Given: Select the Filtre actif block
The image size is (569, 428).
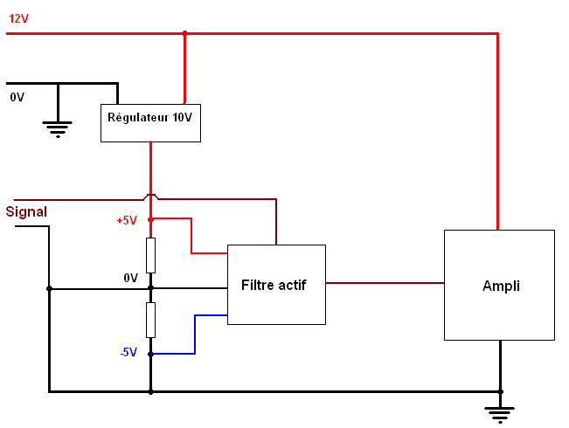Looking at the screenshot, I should (276, 285).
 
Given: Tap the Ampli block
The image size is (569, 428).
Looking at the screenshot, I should (499, 285).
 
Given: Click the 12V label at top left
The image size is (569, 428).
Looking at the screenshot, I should (18, 17).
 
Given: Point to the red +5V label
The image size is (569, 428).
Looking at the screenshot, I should (127, 220).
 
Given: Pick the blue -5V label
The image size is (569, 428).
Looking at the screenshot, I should (128, 352).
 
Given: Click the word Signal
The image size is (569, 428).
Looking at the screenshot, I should (26, 211).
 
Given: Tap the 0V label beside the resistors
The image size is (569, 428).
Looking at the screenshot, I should (130, 278).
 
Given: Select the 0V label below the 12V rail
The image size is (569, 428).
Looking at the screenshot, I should (17, 97).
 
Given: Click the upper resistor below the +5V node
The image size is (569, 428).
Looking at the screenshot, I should (150, 254).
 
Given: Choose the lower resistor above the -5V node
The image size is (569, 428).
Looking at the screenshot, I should (150, 320).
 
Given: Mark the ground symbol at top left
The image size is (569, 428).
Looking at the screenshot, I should (58, 128).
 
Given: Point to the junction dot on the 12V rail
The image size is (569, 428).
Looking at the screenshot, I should (184, 34).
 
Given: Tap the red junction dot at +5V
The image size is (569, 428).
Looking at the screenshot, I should (150, 219).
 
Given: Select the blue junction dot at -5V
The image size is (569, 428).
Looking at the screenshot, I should (150, 354).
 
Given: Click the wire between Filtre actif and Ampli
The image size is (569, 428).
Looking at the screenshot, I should (385, 283).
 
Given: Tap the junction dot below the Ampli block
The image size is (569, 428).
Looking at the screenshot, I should (500, 391).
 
